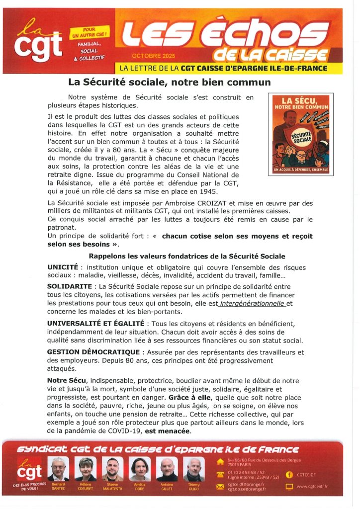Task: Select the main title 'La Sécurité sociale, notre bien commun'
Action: pyautogui.click(x=169, y=82)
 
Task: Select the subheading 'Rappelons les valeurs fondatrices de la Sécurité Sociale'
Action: pyautogui.click(x=186, y=256)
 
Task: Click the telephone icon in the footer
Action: pyautogui.click(x=220, y=474)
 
